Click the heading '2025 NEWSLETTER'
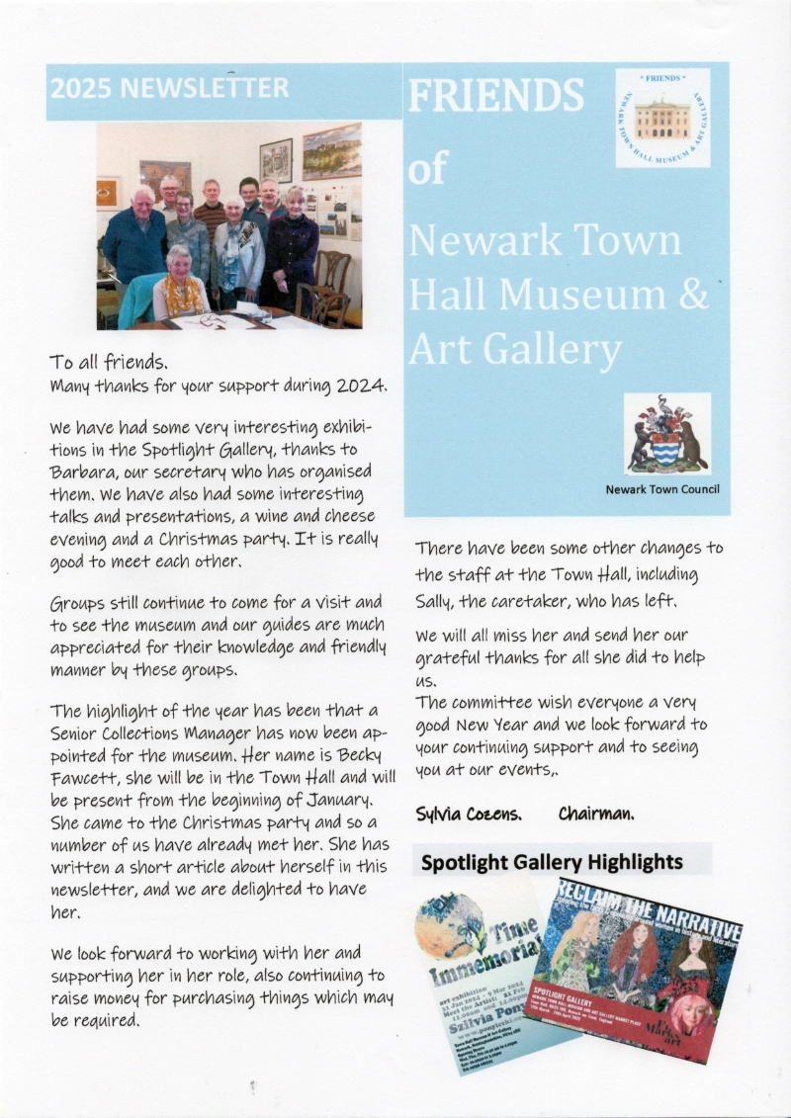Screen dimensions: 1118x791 [170, 88]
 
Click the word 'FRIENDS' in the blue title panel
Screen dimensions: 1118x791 [495, 96]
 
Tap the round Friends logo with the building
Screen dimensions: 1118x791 [661, 117]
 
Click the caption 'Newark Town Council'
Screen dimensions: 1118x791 [662, 489]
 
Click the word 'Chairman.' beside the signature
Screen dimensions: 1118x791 [596, 814]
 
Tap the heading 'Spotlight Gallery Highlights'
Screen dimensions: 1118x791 [552, 862]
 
